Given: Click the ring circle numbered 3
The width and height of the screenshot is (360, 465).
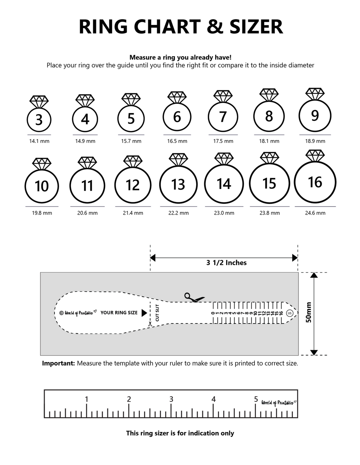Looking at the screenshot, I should click(x=39, y=120).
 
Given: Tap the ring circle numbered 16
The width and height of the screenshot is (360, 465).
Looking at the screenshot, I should click(x=315, y=182).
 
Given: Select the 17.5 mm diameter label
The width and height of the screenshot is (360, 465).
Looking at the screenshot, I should click(x=223, y=141).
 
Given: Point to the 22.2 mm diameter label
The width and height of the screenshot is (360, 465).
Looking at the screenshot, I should click(x=178, y=213).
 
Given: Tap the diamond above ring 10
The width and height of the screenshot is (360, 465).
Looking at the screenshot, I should click(x=42, y=164).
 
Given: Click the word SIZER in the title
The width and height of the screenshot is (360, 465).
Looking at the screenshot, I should click(x=256, y=27).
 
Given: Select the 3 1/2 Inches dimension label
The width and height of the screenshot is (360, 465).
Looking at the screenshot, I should click(x=226, y=263).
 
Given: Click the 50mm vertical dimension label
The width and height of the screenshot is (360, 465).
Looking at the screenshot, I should click(x=308, y=313).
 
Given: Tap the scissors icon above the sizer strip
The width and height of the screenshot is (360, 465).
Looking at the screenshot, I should click(x=194, y=297).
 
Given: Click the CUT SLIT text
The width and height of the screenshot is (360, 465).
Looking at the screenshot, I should click(x=157, y=313).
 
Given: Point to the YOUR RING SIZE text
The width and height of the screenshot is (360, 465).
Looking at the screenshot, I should click(x=119, y=313).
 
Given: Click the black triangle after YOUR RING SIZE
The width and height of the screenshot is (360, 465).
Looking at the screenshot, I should click(x=144, y=313).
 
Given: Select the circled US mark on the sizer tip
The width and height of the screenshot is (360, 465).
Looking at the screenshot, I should click(x=290, y=313).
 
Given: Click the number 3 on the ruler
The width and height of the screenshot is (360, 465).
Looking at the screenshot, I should click(x=171, y=399).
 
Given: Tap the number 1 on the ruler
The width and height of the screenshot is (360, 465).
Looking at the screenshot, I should click(x=86, y=399).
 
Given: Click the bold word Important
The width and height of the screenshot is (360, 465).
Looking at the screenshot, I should click(x=58, y=363).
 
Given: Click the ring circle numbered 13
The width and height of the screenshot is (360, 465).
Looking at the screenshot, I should click(x=178, y=184).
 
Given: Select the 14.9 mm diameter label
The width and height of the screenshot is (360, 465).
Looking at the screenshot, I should click(x=85, y=141).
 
